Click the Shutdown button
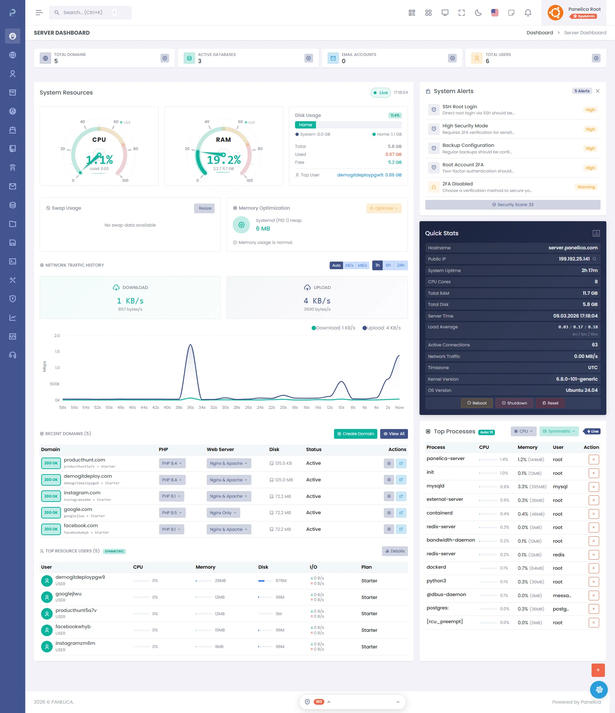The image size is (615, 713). point(514,403)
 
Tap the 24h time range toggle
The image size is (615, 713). point(400,265)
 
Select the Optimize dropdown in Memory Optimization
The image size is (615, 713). point(384,208)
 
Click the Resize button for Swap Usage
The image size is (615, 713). point(205,208)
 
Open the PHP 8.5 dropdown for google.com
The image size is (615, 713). point(172,513)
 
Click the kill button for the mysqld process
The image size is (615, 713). point(593,487)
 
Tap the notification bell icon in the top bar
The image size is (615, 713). point(528,13)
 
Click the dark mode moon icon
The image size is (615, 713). point(478,13)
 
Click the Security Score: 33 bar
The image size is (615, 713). point(513,205)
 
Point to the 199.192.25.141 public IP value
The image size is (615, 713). point(574,259)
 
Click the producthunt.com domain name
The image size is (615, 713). point(84,460)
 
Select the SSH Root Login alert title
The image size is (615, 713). point(460,106)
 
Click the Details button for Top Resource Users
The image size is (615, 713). point(395,551)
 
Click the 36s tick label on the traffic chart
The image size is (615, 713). point(190,407)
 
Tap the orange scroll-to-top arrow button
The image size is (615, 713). point(598,670)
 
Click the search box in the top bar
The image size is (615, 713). point(90,13)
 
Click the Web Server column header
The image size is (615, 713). point(220,449)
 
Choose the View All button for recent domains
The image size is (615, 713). point(394,434)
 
